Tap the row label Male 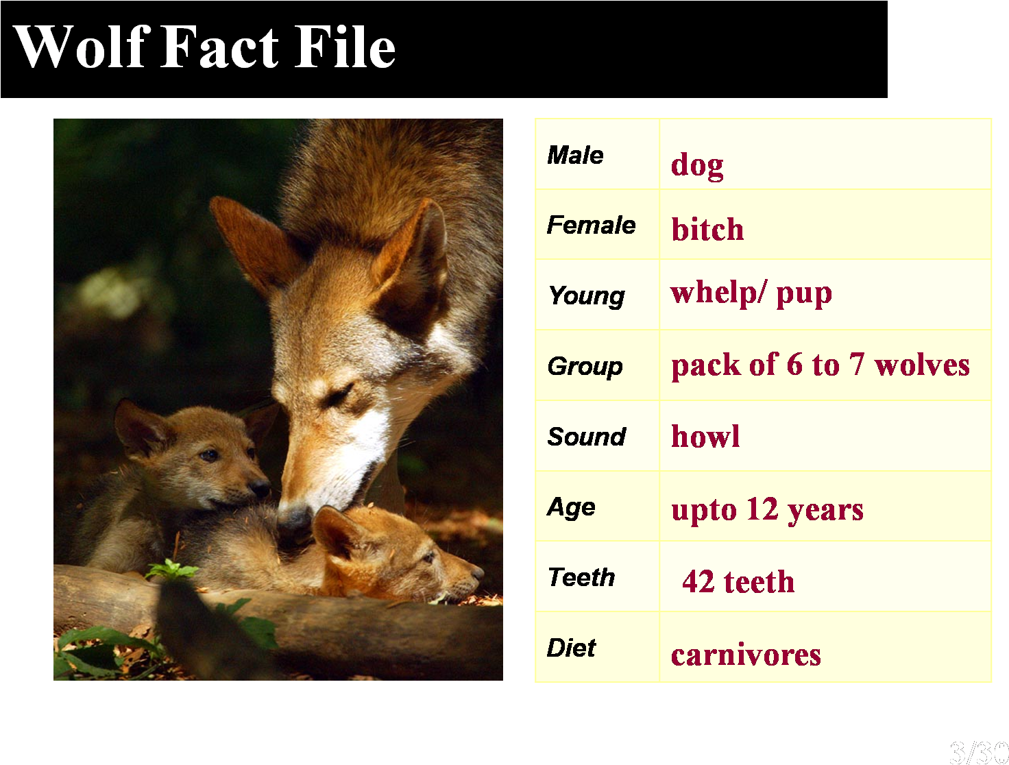tap(575, 156)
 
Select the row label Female tap(591, 225)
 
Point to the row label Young tap(586, 296)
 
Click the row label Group tap(585, 367)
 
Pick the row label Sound tap(587, 437)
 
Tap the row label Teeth tap(581, 577)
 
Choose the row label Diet tap(571, 648)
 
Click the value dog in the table tap(697, 165)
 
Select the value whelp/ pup tap(751, 293)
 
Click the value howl tap(705, 436)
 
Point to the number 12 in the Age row tap(762, 509)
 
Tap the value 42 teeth tap(738, 582)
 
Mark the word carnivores tap(746, 655)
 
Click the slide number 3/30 tap(978, 752)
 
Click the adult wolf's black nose tap(295, 520)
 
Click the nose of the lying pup tap(477, 572)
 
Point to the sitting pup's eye tap(210, 455)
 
